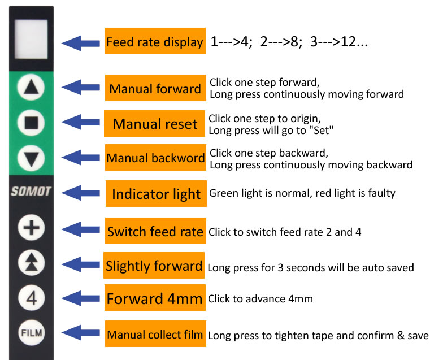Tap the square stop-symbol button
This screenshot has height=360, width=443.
pos(31,122)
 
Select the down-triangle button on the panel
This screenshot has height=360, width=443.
pos(31,157)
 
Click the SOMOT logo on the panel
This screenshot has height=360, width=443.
pos(31,192)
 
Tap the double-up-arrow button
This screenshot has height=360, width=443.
pos(31,262)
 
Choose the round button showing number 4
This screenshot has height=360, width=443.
pos(31,297)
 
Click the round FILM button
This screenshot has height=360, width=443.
pos(31,333)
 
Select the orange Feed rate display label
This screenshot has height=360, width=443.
pos(154,42)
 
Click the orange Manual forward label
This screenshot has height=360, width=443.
pos(155,89)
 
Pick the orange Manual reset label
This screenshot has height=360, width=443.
pos(155,124)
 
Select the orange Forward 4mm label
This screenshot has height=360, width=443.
pos(154,300)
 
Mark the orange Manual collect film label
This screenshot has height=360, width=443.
pos(155,335)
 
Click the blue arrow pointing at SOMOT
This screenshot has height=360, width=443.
pos(80,193)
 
